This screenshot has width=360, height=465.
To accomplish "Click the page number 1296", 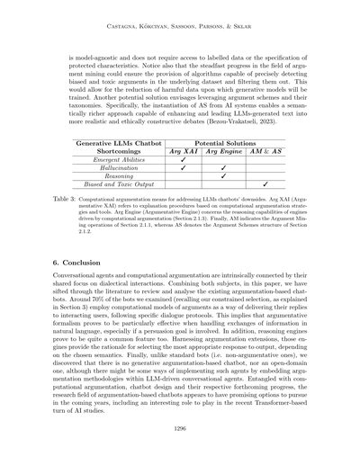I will [x=179, y=430].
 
